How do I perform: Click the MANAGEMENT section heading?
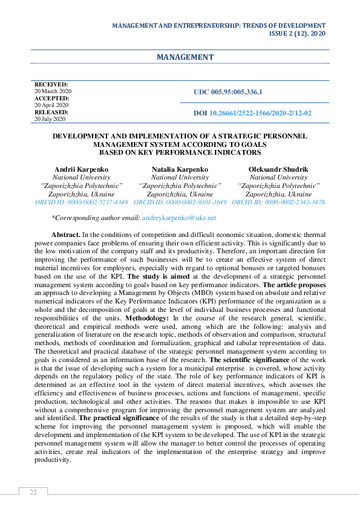click(185, 57)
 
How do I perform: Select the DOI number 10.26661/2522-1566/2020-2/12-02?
click(261, 113)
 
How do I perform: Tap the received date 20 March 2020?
click(53, 91)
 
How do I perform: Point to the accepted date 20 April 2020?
click(51, 105)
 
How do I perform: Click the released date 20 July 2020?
click(51, 119)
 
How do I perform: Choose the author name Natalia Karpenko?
click(180, 169)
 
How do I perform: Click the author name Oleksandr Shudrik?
click(279, 169)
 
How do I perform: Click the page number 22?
click(33, 492)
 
